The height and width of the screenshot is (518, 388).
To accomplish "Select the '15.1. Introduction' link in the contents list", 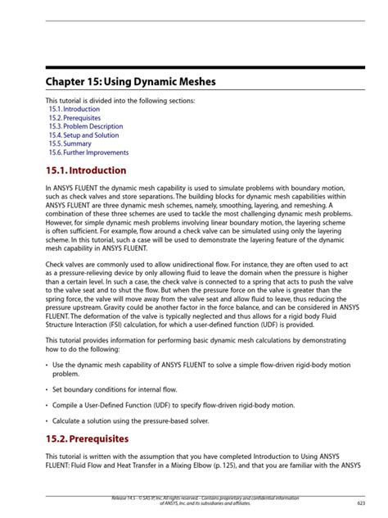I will [x=74, y=109].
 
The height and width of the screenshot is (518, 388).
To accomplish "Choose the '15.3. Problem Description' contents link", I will [x=85, y=126].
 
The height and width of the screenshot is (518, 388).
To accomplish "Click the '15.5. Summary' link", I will [x=70, y=144].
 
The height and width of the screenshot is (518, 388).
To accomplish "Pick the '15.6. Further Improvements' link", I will [x=88, y=152].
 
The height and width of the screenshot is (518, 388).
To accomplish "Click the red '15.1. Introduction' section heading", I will [x=85, y=170].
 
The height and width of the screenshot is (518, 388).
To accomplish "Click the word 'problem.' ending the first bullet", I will [x=65, y=374].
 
